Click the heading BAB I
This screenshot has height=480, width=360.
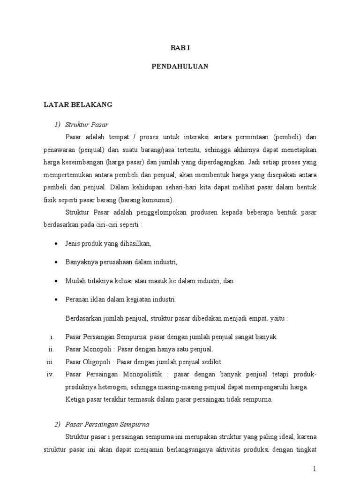(180, 47)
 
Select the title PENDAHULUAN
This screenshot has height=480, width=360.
(180, 67)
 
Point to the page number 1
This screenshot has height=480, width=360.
(315, 469)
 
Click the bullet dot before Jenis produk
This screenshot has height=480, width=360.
(56, 244)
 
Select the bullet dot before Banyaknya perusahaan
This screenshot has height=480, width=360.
(56, 262)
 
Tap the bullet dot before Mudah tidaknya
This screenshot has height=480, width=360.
(56, 281)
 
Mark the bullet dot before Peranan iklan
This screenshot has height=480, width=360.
(56, 300)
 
